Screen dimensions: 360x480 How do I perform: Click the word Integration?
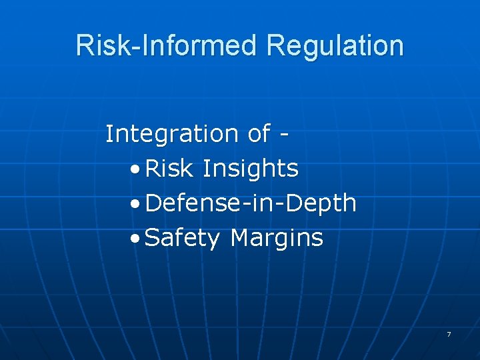tap(172, 134)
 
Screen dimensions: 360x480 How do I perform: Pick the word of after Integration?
tap(259, 134)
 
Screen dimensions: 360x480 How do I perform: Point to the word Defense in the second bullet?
tap(189, 203)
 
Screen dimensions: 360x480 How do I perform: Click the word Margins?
tap(276, 239)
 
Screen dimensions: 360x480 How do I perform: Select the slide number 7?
tap(449, 334)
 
